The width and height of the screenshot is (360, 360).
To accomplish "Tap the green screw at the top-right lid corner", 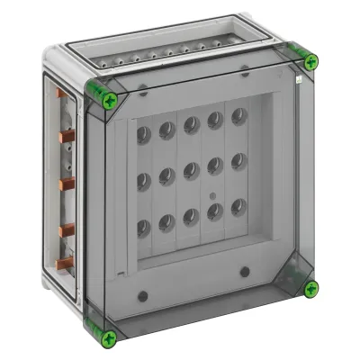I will [x=310, y=61].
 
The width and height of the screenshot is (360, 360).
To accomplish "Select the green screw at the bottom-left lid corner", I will [x=110, y=337].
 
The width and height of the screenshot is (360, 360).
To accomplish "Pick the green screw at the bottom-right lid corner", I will [x=310, y=289].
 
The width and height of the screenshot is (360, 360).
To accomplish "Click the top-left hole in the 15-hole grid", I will [x=144, y=134].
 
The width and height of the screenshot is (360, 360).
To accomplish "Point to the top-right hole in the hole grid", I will [x=238, y=115].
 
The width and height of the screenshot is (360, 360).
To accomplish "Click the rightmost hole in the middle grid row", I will [x=238, y=160].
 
